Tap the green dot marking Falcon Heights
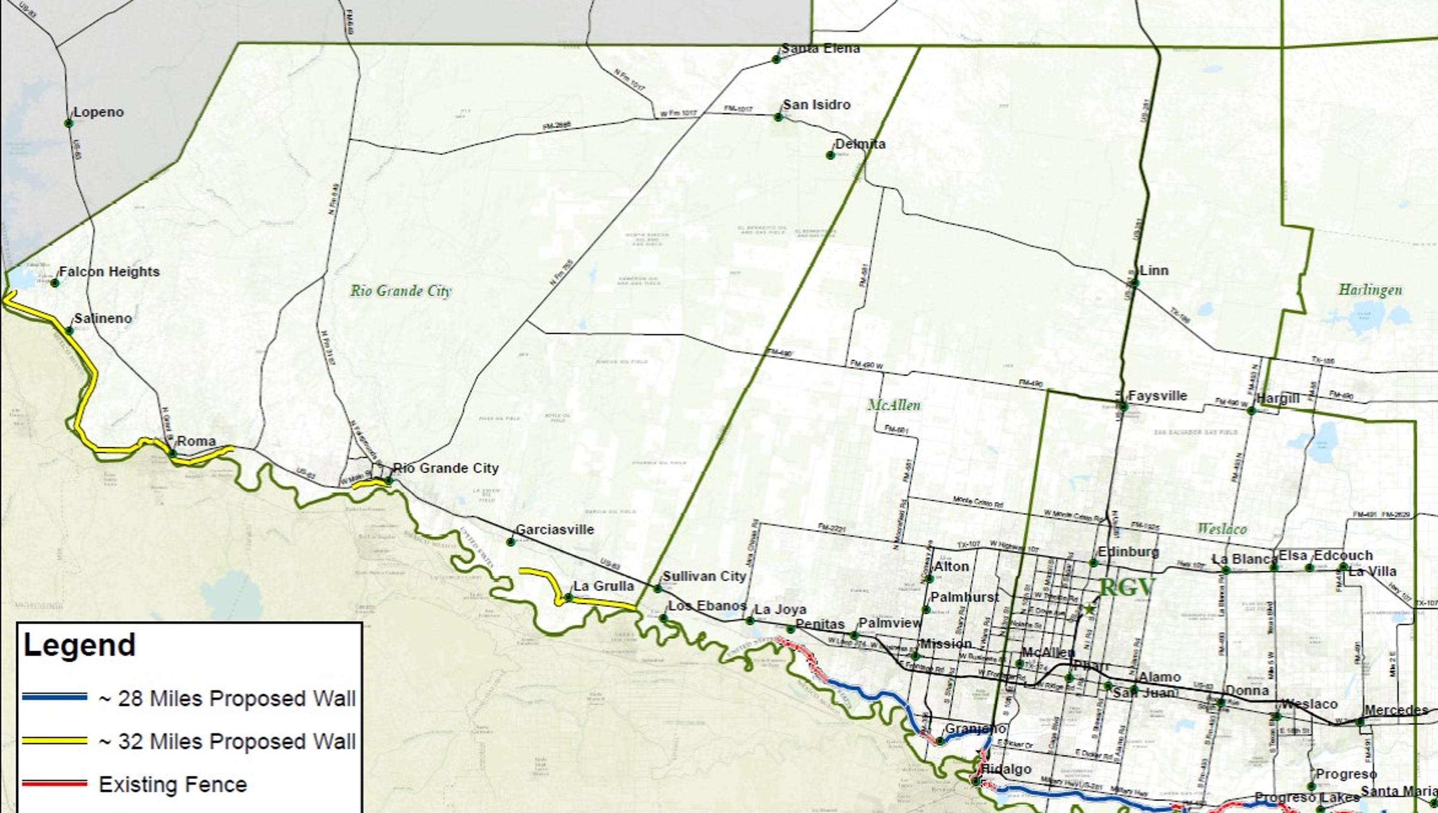[x=55, y=283]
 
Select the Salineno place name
[x=103, y=319]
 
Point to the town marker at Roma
[x=172, y=454]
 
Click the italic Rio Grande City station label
[x=400, y=291]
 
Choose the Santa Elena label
[x=820, y=49]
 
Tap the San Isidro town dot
[x=778, y=117]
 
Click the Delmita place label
[x=860, y=144]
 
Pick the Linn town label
[x=1154, y=271]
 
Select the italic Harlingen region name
[x=1370, y=290]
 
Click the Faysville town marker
[x=1124, y=407]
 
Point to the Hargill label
[x=1278, y=399]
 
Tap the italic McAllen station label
[x=894, y=405]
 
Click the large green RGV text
[x=1126, y=588]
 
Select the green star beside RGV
[x=1089, y=610]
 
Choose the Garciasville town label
[x=555, y=529]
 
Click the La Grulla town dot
[x=568, y=598]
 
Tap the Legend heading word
[x=80, y=645]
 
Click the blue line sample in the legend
[x=55, y=698]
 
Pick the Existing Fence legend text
[x=172, y=785]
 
